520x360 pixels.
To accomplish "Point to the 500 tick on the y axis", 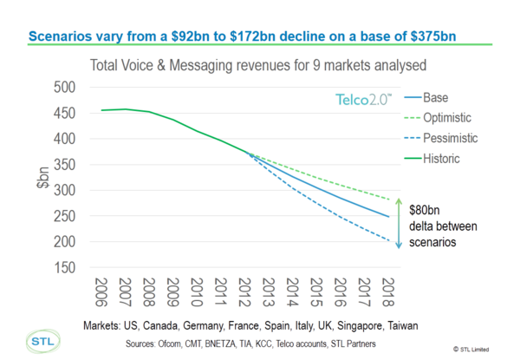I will pyautogui.click(x=62, y=87).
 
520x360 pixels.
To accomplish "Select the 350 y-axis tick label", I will pyautogui.click(x=62, y=165).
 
